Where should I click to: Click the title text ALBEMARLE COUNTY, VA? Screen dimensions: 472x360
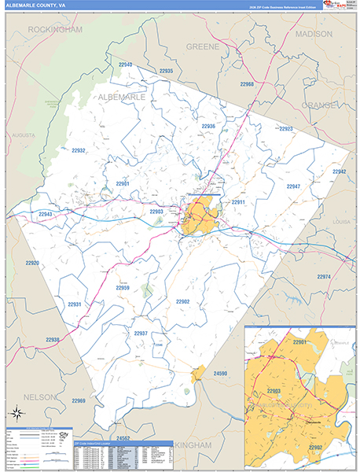39,6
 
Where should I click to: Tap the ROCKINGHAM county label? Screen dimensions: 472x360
55,29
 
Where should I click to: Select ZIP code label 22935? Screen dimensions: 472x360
166,71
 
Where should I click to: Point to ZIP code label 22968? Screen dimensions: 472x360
247,83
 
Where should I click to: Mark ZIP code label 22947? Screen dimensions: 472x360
293,186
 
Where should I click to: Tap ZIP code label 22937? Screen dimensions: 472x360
141,334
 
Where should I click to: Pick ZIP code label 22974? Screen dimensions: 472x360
325,277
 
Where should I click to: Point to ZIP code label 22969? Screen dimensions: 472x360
79,401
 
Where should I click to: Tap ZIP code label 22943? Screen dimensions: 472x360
46,214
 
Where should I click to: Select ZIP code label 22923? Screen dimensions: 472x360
285,129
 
